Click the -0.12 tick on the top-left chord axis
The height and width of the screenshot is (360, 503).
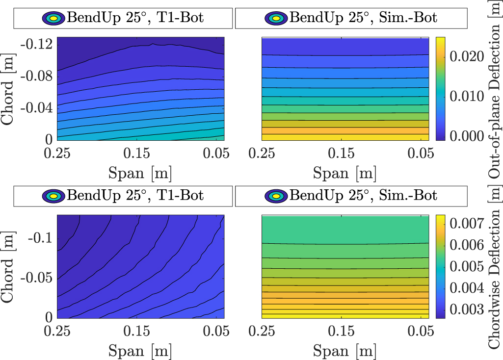37,44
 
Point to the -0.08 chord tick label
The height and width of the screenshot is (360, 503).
37,76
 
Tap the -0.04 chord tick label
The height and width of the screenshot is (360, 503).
37,107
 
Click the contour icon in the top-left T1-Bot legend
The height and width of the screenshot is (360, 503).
53,19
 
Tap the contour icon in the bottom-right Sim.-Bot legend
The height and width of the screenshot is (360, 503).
276,197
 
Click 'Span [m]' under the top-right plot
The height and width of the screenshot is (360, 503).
344,173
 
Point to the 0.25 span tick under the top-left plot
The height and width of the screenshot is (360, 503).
58,154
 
